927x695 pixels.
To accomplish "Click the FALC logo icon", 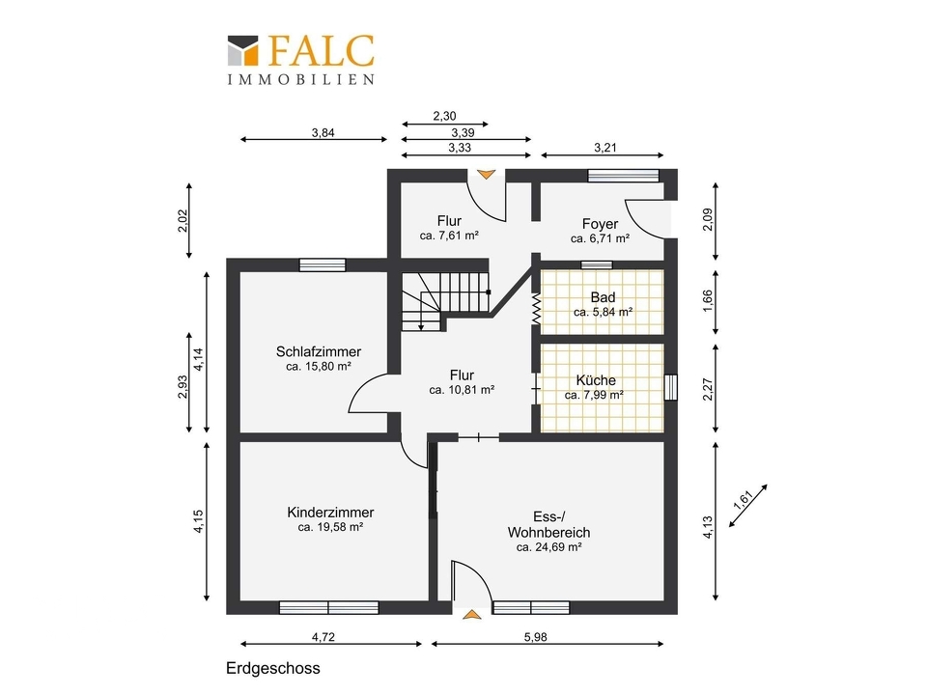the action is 243,50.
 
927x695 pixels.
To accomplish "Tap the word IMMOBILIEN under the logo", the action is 301,79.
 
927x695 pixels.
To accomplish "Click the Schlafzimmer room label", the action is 318,351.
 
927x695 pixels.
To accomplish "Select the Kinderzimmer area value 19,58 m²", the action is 330,527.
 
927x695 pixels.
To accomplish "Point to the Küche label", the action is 596,380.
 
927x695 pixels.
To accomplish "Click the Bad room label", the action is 603,297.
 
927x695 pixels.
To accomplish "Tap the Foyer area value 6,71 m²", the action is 600,238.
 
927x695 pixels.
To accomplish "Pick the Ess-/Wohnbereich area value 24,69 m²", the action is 549,547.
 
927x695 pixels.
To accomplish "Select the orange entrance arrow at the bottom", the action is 471,615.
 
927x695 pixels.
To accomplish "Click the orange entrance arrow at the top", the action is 486,175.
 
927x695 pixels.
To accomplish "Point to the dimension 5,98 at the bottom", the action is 536,637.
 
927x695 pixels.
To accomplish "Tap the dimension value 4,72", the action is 323,637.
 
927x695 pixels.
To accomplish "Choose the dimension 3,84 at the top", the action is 323,133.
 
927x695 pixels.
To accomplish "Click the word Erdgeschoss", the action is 273,668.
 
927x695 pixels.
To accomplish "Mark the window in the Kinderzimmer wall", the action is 328,607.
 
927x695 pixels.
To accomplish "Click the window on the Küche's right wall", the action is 670,388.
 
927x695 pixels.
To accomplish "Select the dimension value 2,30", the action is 444,116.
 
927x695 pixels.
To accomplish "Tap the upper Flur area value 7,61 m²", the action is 449,236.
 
